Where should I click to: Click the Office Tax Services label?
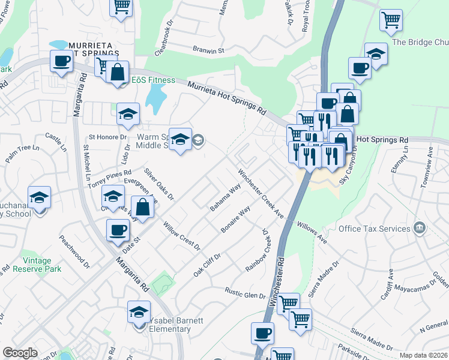(x=374, y=229)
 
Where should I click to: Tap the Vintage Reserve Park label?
(x=42, y=265)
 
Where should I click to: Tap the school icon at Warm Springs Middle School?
(x=180, y=140)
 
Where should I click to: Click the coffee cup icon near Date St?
(x=118, y=229)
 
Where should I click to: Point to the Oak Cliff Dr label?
(x=207, y=265)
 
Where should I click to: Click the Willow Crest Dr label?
(x=181, y=236)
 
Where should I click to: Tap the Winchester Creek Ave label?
(x=260, y=193)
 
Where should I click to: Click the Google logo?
(x=20, y=353)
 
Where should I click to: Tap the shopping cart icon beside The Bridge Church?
(x=391, y=20)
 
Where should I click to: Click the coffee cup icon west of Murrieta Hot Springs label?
(x=61, y=61)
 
